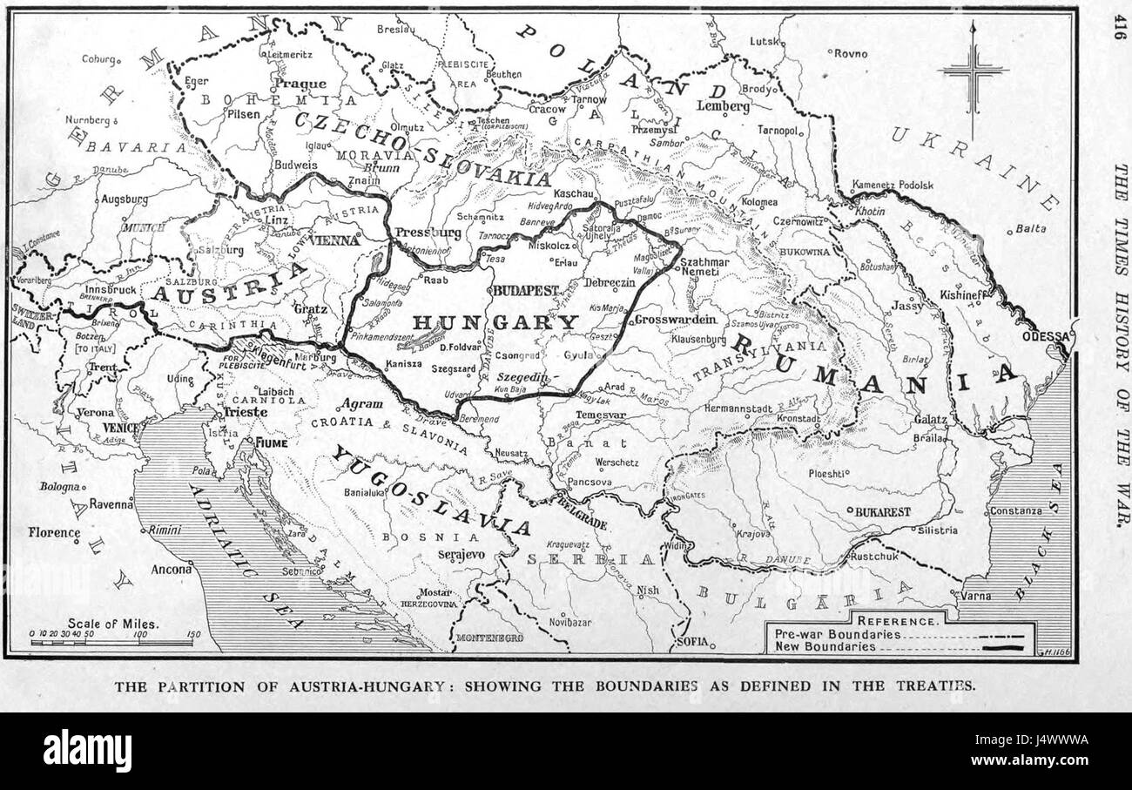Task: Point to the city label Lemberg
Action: coord(723,106)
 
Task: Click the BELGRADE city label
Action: coord(579,513)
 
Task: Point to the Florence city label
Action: coord(54,531)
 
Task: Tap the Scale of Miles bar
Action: coord(111,643)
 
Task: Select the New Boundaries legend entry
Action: coord(825,647)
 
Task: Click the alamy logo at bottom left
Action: coord(87,750)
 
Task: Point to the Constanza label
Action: coord(1015,510)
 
